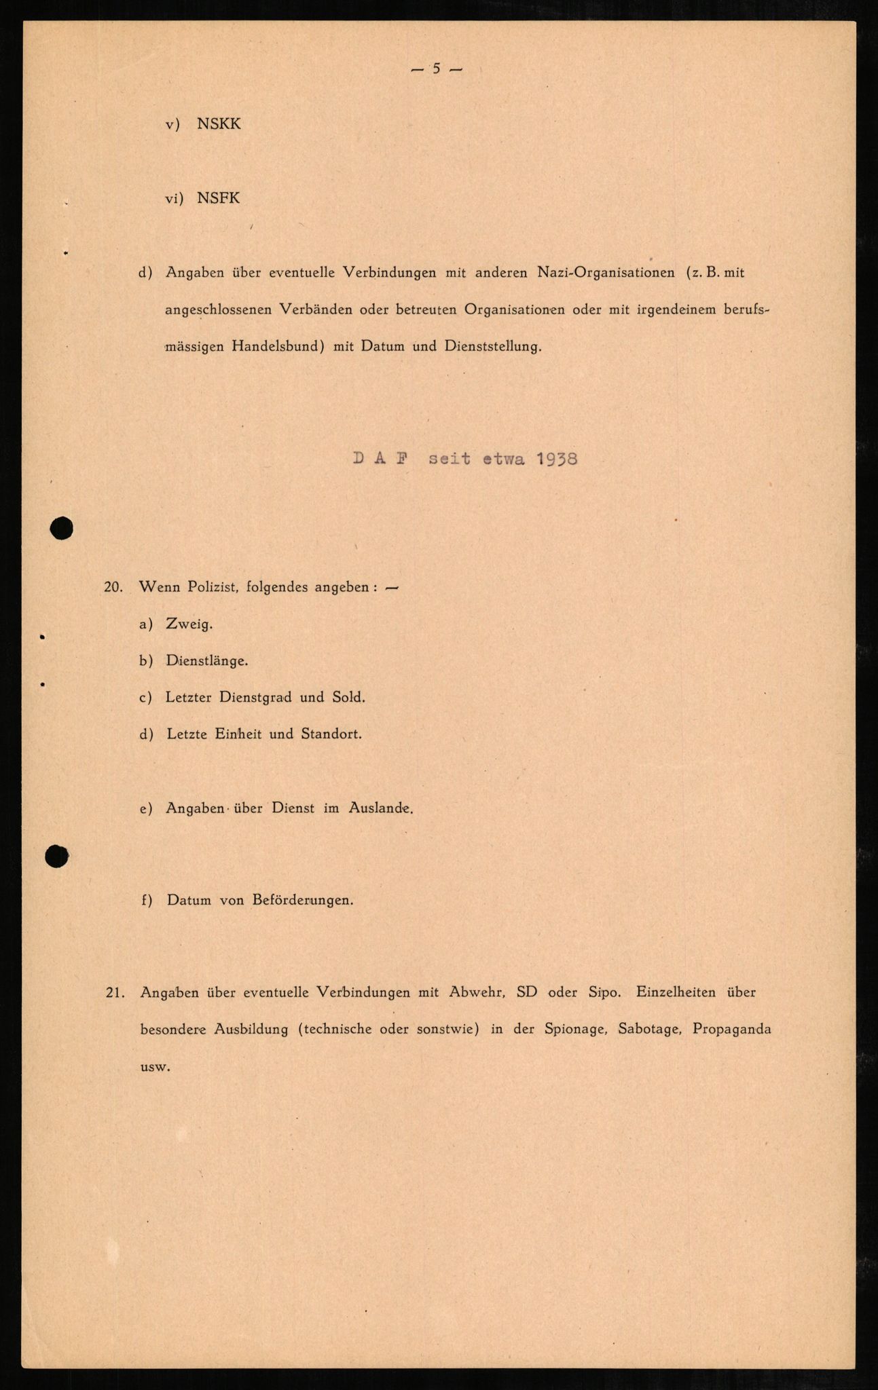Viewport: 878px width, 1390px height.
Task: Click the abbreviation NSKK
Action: click(x=219, y=125)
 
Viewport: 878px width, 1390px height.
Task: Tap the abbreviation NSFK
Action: click(x=219, y=198)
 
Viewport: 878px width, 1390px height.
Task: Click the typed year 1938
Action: click(x=556, y=459)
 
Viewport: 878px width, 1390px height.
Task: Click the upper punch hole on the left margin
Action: click(x=62, y=528)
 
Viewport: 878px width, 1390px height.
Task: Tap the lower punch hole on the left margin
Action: click(x=57, y=857)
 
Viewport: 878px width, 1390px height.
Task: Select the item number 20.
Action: click(x=113, y=588)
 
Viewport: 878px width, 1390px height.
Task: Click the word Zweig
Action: click(x=189, y=624)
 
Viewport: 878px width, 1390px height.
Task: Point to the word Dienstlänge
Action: click(x=206, y=661)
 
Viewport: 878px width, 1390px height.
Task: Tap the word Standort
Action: click(x=333, y=734)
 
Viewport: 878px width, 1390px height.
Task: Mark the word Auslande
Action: click(x=380, y=808)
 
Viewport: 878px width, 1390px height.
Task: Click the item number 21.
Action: click(x=115, y=992)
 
